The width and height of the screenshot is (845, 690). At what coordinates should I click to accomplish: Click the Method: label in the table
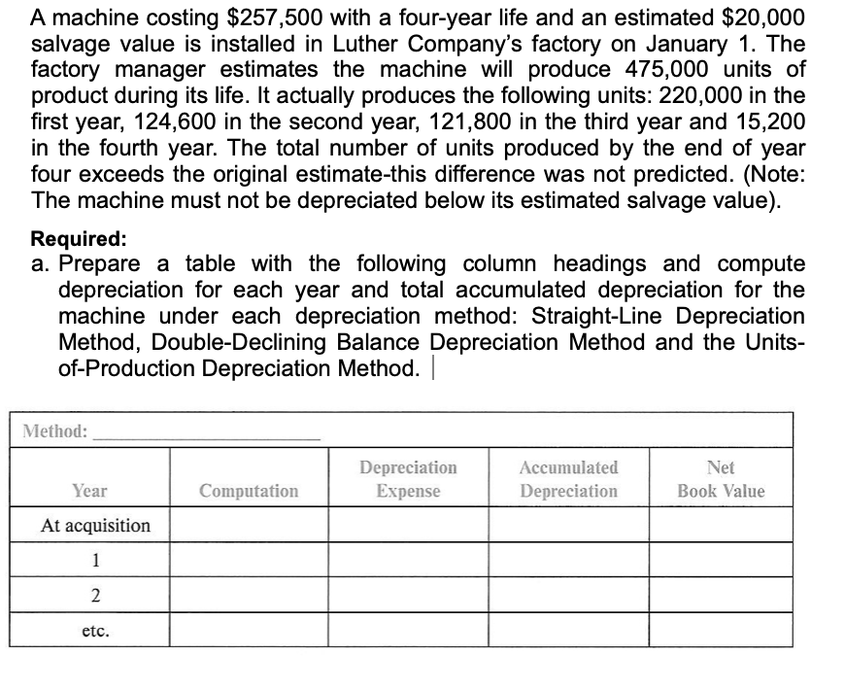click(x=55, y=430)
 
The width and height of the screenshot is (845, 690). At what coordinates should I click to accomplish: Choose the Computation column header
click(x=249, y=491)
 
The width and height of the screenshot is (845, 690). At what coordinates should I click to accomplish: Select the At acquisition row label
click(x=95, y=526)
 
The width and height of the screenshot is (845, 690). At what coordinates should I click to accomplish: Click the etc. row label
click(x=95, y=629)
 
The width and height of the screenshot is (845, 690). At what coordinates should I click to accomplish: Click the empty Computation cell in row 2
click(x=249, y=594)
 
